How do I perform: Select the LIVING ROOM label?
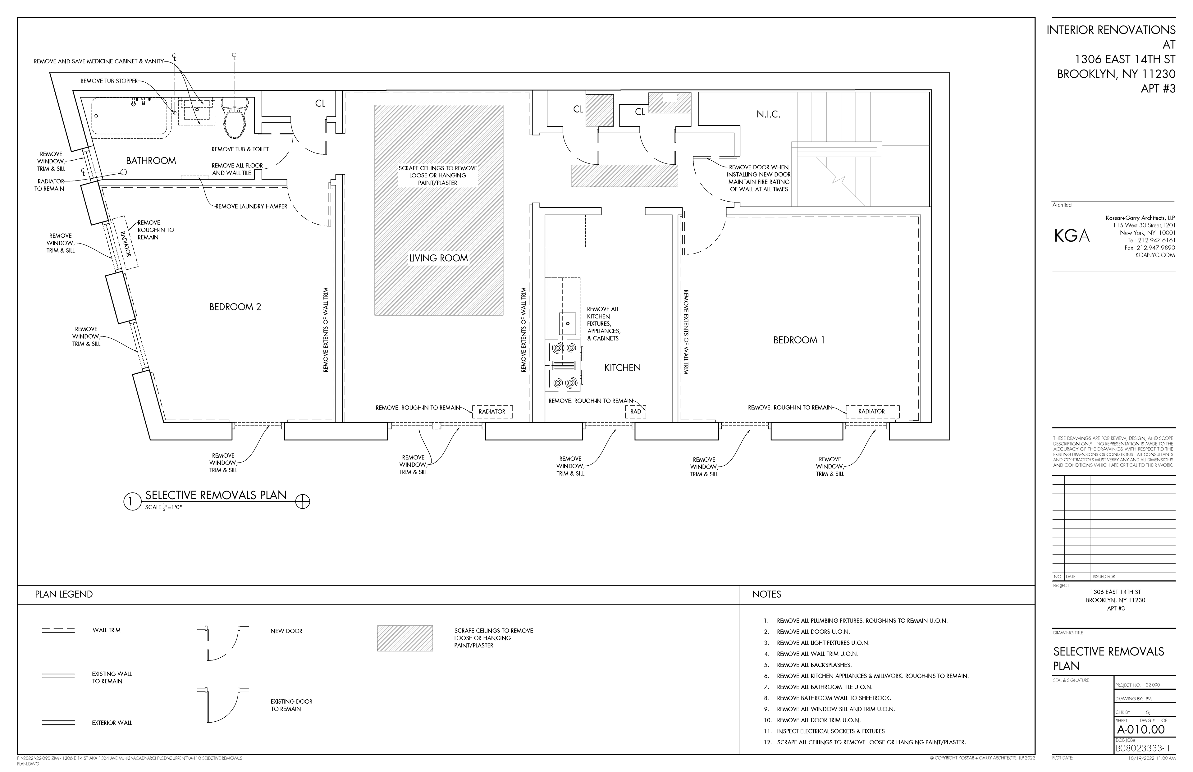439,258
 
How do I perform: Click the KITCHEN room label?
623,368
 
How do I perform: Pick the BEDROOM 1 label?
799,340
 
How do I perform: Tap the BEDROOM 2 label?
235,307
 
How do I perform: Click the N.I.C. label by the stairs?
768,114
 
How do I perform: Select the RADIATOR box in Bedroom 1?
872,412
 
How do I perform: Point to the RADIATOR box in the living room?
492,412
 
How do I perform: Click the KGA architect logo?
1072,235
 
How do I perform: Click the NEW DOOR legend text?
287,631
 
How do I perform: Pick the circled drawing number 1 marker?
131,501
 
